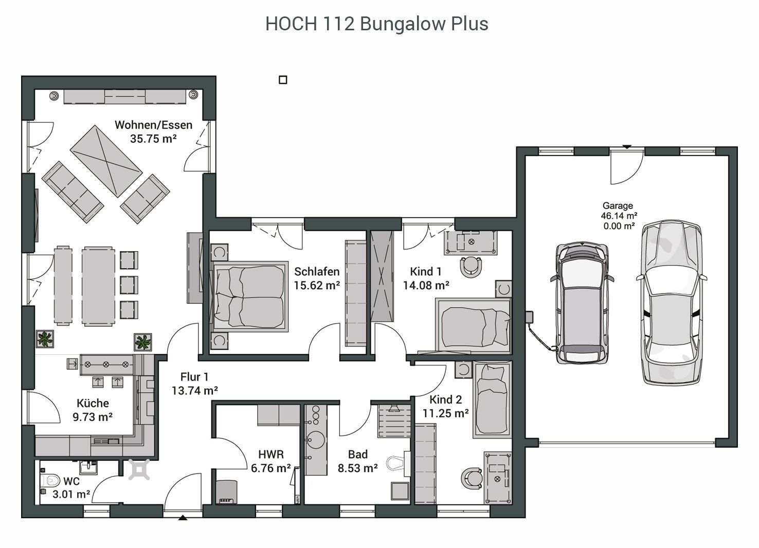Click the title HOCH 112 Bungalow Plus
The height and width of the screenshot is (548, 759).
click(376, 24)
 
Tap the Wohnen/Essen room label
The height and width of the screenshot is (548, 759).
click(153, 125)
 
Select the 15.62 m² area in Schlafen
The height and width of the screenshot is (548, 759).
click(317, 286)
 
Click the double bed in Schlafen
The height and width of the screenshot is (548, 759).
click(250, 296)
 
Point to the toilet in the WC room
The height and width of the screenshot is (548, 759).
click(50, 480)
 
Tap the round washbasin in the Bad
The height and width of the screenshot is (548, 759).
click(316, 440)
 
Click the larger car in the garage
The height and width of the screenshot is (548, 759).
click(672, 303)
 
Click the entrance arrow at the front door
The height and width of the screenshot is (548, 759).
click(183, 517)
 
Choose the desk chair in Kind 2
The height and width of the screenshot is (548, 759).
click(472, 478)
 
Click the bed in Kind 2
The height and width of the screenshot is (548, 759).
click(492, 400)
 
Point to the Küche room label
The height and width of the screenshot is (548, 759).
click(93, 403)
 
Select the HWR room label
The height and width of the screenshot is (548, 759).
click(270, 454)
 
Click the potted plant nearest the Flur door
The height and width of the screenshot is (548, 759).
click(142, 342)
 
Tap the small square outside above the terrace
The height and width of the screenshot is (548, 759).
click(283, 80)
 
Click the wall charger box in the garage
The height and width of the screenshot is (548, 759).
click(529, 316)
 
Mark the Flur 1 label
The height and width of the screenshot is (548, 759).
click(194, 377)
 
